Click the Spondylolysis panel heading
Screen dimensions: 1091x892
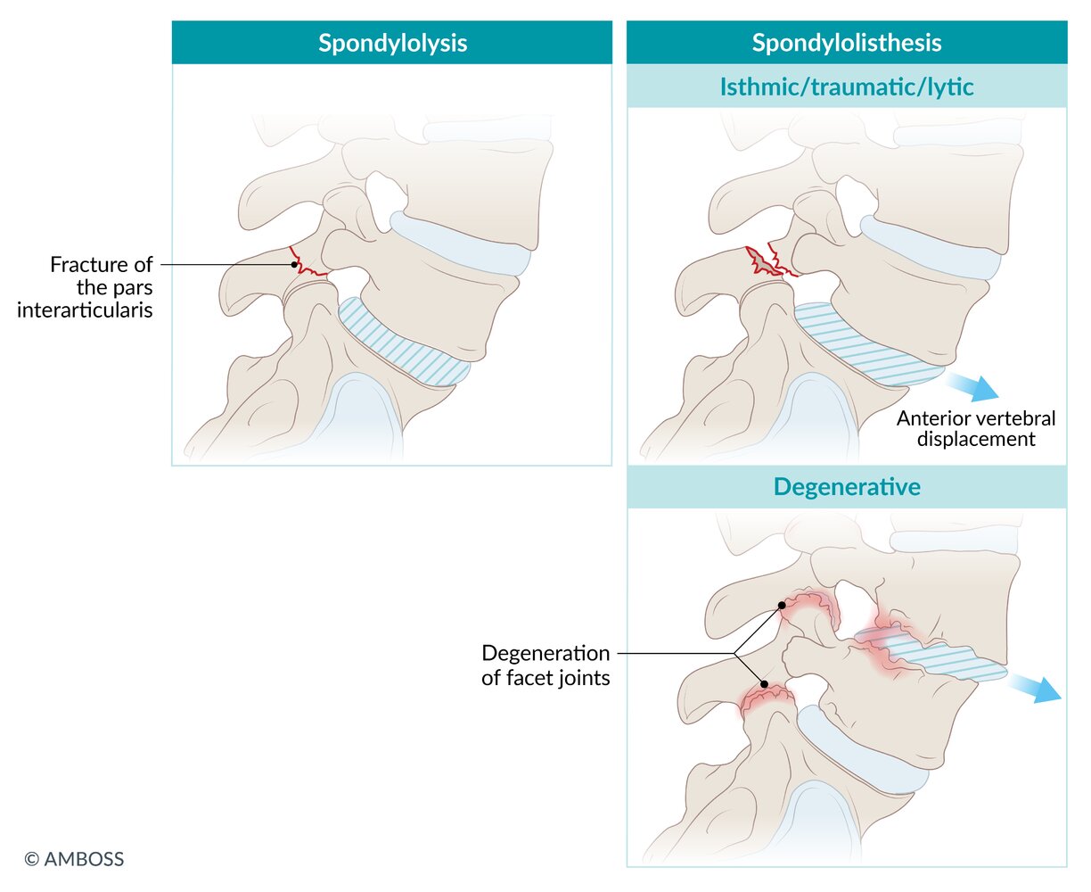393,43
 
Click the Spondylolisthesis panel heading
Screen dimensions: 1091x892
846,43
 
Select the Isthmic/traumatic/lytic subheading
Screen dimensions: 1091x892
846,87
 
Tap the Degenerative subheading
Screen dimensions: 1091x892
847,487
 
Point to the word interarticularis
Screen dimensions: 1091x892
85,310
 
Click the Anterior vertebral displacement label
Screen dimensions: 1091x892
976,428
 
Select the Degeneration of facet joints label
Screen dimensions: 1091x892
545,665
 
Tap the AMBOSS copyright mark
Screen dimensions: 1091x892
74,859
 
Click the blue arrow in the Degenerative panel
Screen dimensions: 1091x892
1035,689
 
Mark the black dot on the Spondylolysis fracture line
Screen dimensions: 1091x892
294,265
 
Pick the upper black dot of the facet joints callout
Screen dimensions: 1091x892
783,605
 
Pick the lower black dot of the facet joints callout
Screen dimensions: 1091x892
764,684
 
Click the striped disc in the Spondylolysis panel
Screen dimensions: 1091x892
403,343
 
